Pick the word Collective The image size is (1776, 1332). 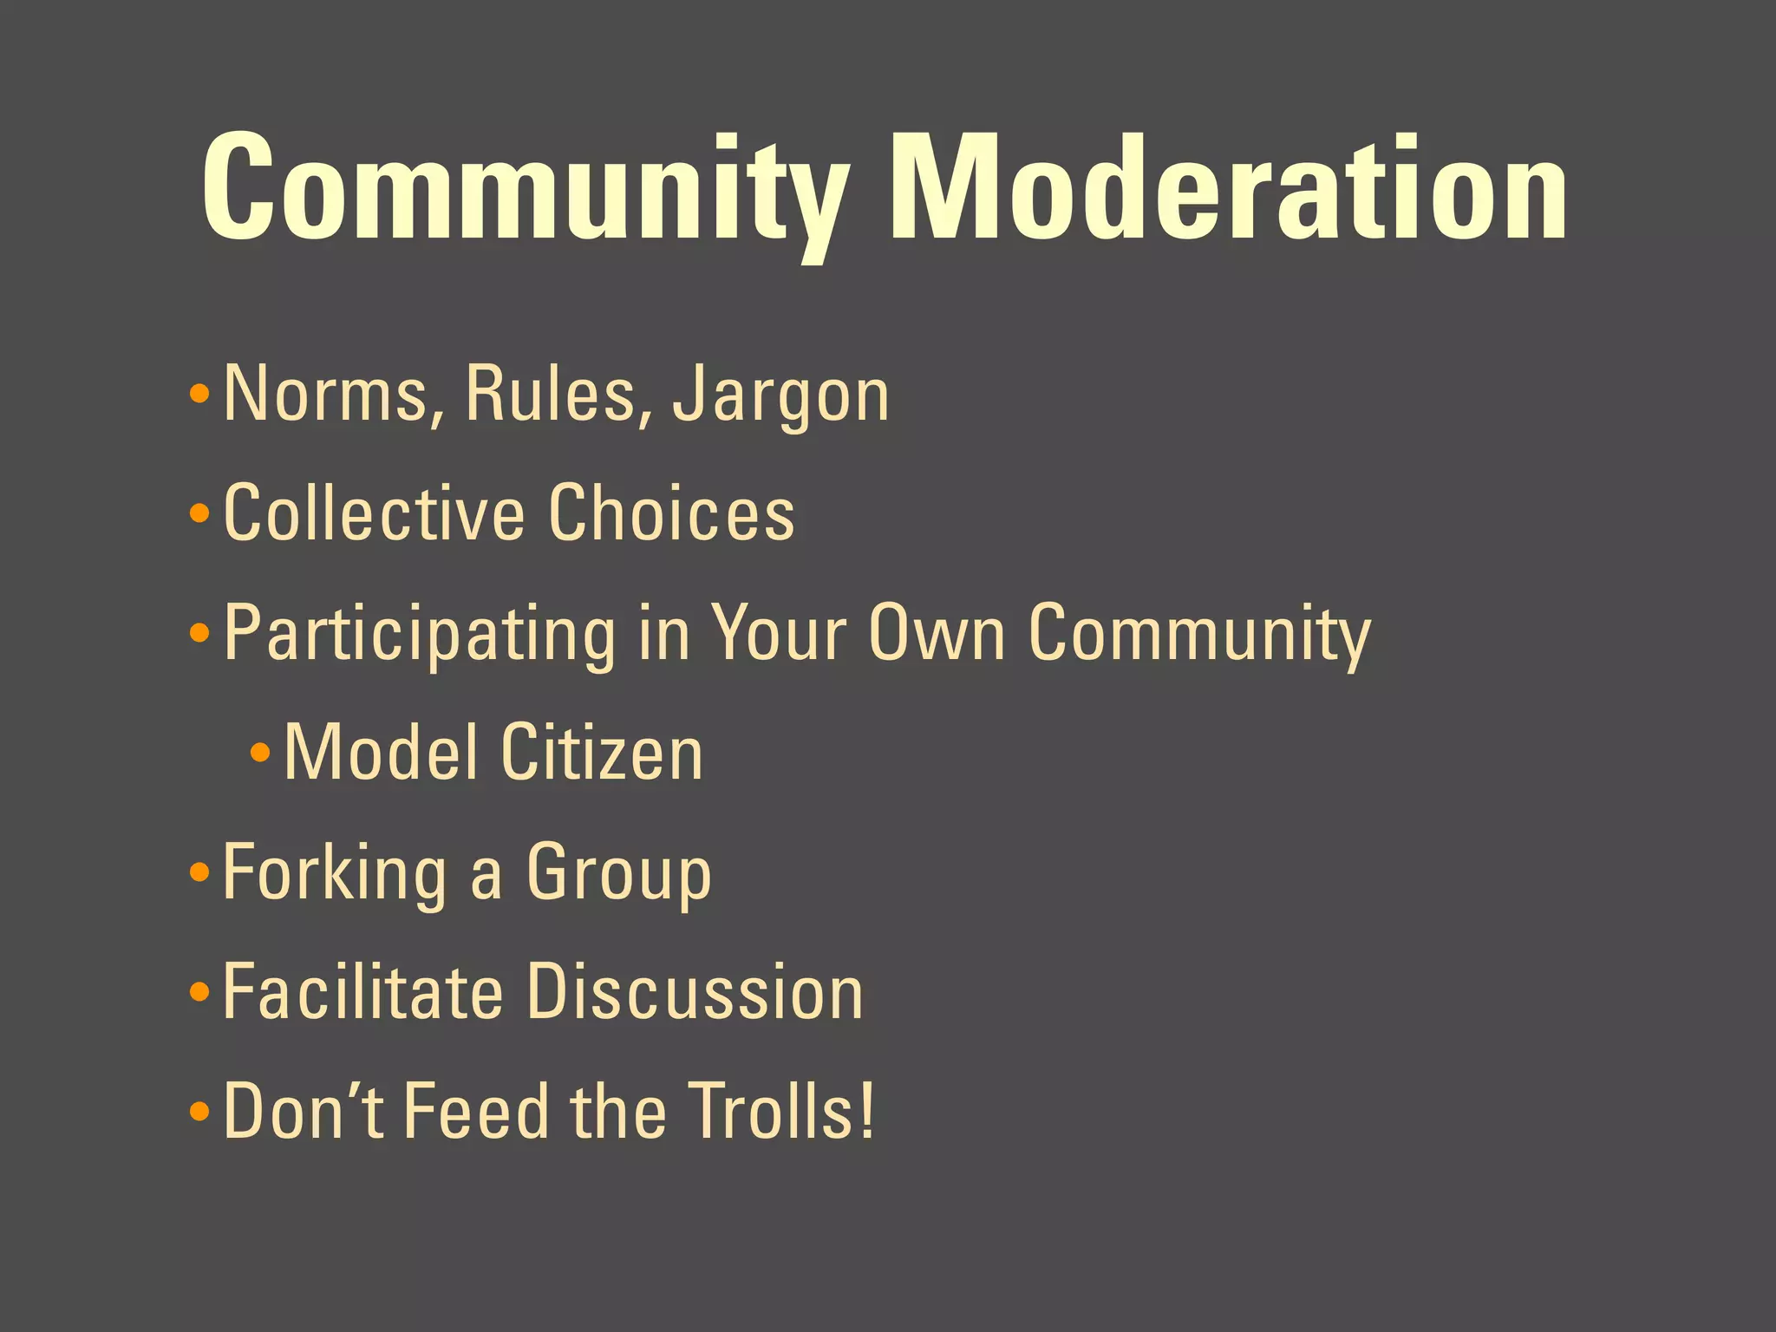[x=374, y=513]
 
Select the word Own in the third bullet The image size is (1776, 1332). [x=937, y=633]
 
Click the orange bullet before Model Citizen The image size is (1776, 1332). [x=260, y=751]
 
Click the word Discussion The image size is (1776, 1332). [x=695, y=992]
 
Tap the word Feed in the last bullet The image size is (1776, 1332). [x=477, y=1112]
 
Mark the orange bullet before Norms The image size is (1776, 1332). [x=199, y=395]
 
